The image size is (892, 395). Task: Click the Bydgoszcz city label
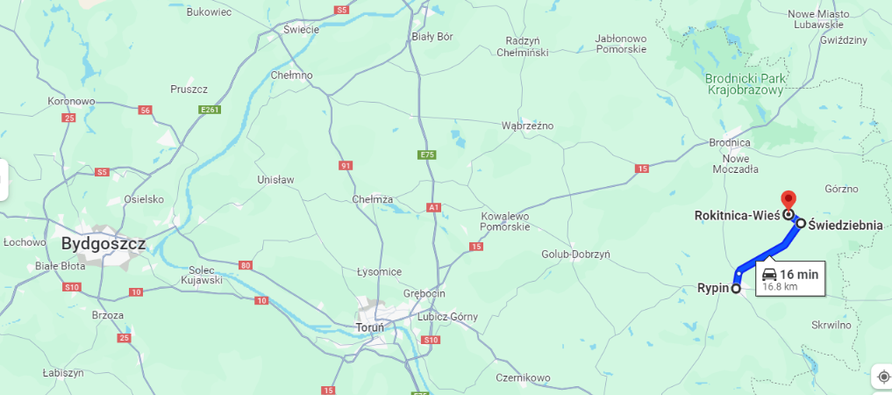tap(103, 242)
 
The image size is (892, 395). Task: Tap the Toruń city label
tap(369, 327)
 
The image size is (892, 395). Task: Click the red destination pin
tap(788, 200)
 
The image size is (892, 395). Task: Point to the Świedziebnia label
tap(846, 225)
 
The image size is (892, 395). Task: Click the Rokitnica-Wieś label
tap(737, 214)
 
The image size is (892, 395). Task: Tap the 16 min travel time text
tap(799, 274)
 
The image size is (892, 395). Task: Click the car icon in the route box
tap(768, 273)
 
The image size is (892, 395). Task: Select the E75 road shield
tap(427, 155)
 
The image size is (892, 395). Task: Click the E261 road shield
tap(209, 110)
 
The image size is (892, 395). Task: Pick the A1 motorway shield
tap(433, 207)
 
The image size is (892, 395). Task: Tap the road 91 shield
tap(346, 165)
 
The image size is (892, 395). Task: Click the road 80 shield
tap(245, 265)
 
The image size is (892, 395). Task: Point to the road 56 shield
tap(145, 110)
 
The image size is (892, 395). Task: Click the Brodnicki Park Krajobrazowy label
tap(746, 84)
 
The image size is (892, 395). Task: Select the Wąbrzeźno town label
tap(527, 126)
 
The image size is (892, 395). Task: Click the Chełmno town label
tap(292, 75)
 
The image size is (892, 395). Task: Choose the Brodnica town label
tap(730, 142)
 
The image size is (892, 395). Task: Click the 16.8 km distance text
tap(779, 286)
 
